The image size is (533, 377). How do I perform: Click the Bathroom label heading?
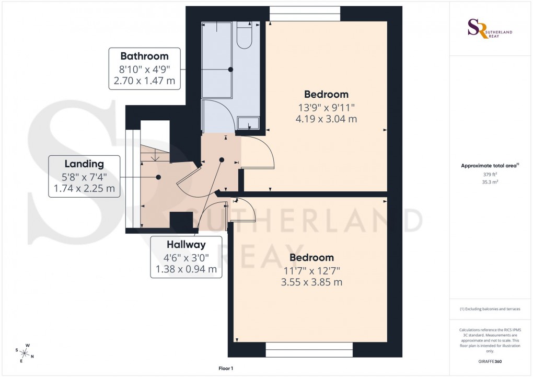tap(144, 56)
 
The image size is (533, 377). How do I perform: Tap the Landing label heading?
tap(84, 164)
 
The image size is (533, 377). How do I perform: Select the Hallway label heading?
tap(186, 244)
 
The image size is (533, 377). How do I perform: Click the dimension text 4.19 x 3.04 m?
tap(326, 119)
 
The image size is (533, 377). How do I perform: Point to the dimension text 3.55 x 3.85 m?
tap(311, 282)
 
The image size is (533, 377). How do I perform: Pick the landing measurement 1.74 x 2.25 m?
tap(84, 188)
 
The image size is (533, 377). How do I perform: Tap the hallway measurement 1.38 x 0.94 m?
tap(186, 269)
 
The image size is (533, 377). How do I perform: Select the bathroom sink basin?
tap(248, 123)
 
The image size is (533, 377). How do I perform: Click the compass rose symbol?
tap(25, 352)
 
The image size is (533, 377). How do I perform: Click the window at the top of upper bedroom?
tap(305, 13)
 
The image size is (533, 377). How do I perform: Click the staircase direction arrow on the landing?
tap(155, 156)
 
